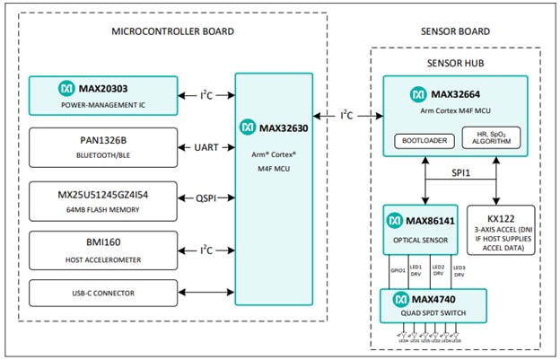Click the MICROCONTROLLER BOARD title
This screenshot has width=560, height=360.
[x=172, y=31]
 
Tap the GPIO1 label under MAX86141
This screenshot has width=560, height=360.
[x=398, y=269]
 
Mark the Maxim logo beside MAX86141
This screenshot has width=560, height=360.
[x=396, y=219]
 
